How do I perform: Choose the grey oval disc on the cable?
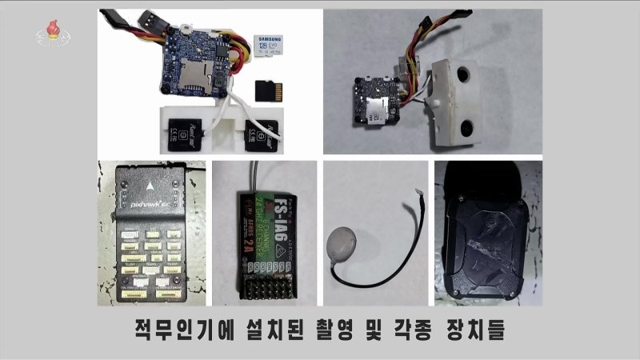[x=341, y=239]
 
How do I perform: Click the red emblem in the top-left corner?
[x=49, y=33]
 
